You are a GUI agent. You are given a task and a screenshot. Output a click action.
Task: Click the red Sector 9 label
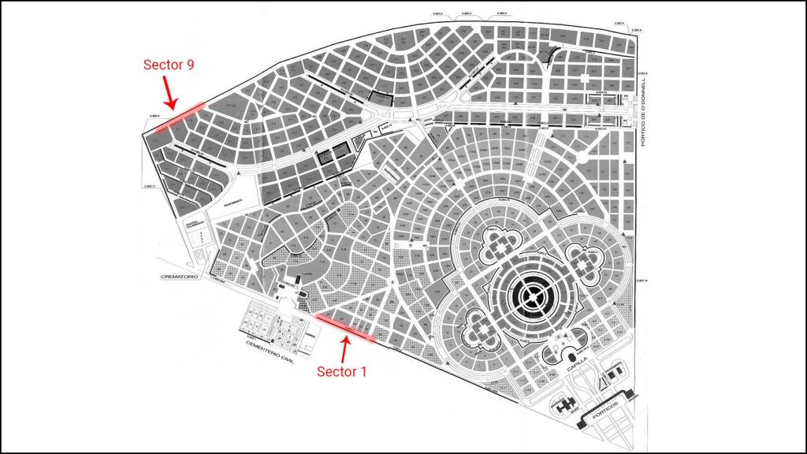[x=169, y=65]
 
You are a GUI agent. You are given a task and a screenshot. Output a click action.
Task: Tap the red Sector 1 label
[x=342, y=370]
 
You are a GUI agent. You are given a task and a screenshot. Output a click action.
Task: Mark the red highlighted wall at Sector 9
[x=177, y=118]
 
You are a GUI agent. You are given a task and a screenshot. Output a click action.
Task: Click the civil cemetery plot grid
[x=269, y=324]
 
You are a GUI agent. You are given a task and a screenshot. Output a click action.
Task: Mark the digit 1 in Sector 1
[x=363, y=370]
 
